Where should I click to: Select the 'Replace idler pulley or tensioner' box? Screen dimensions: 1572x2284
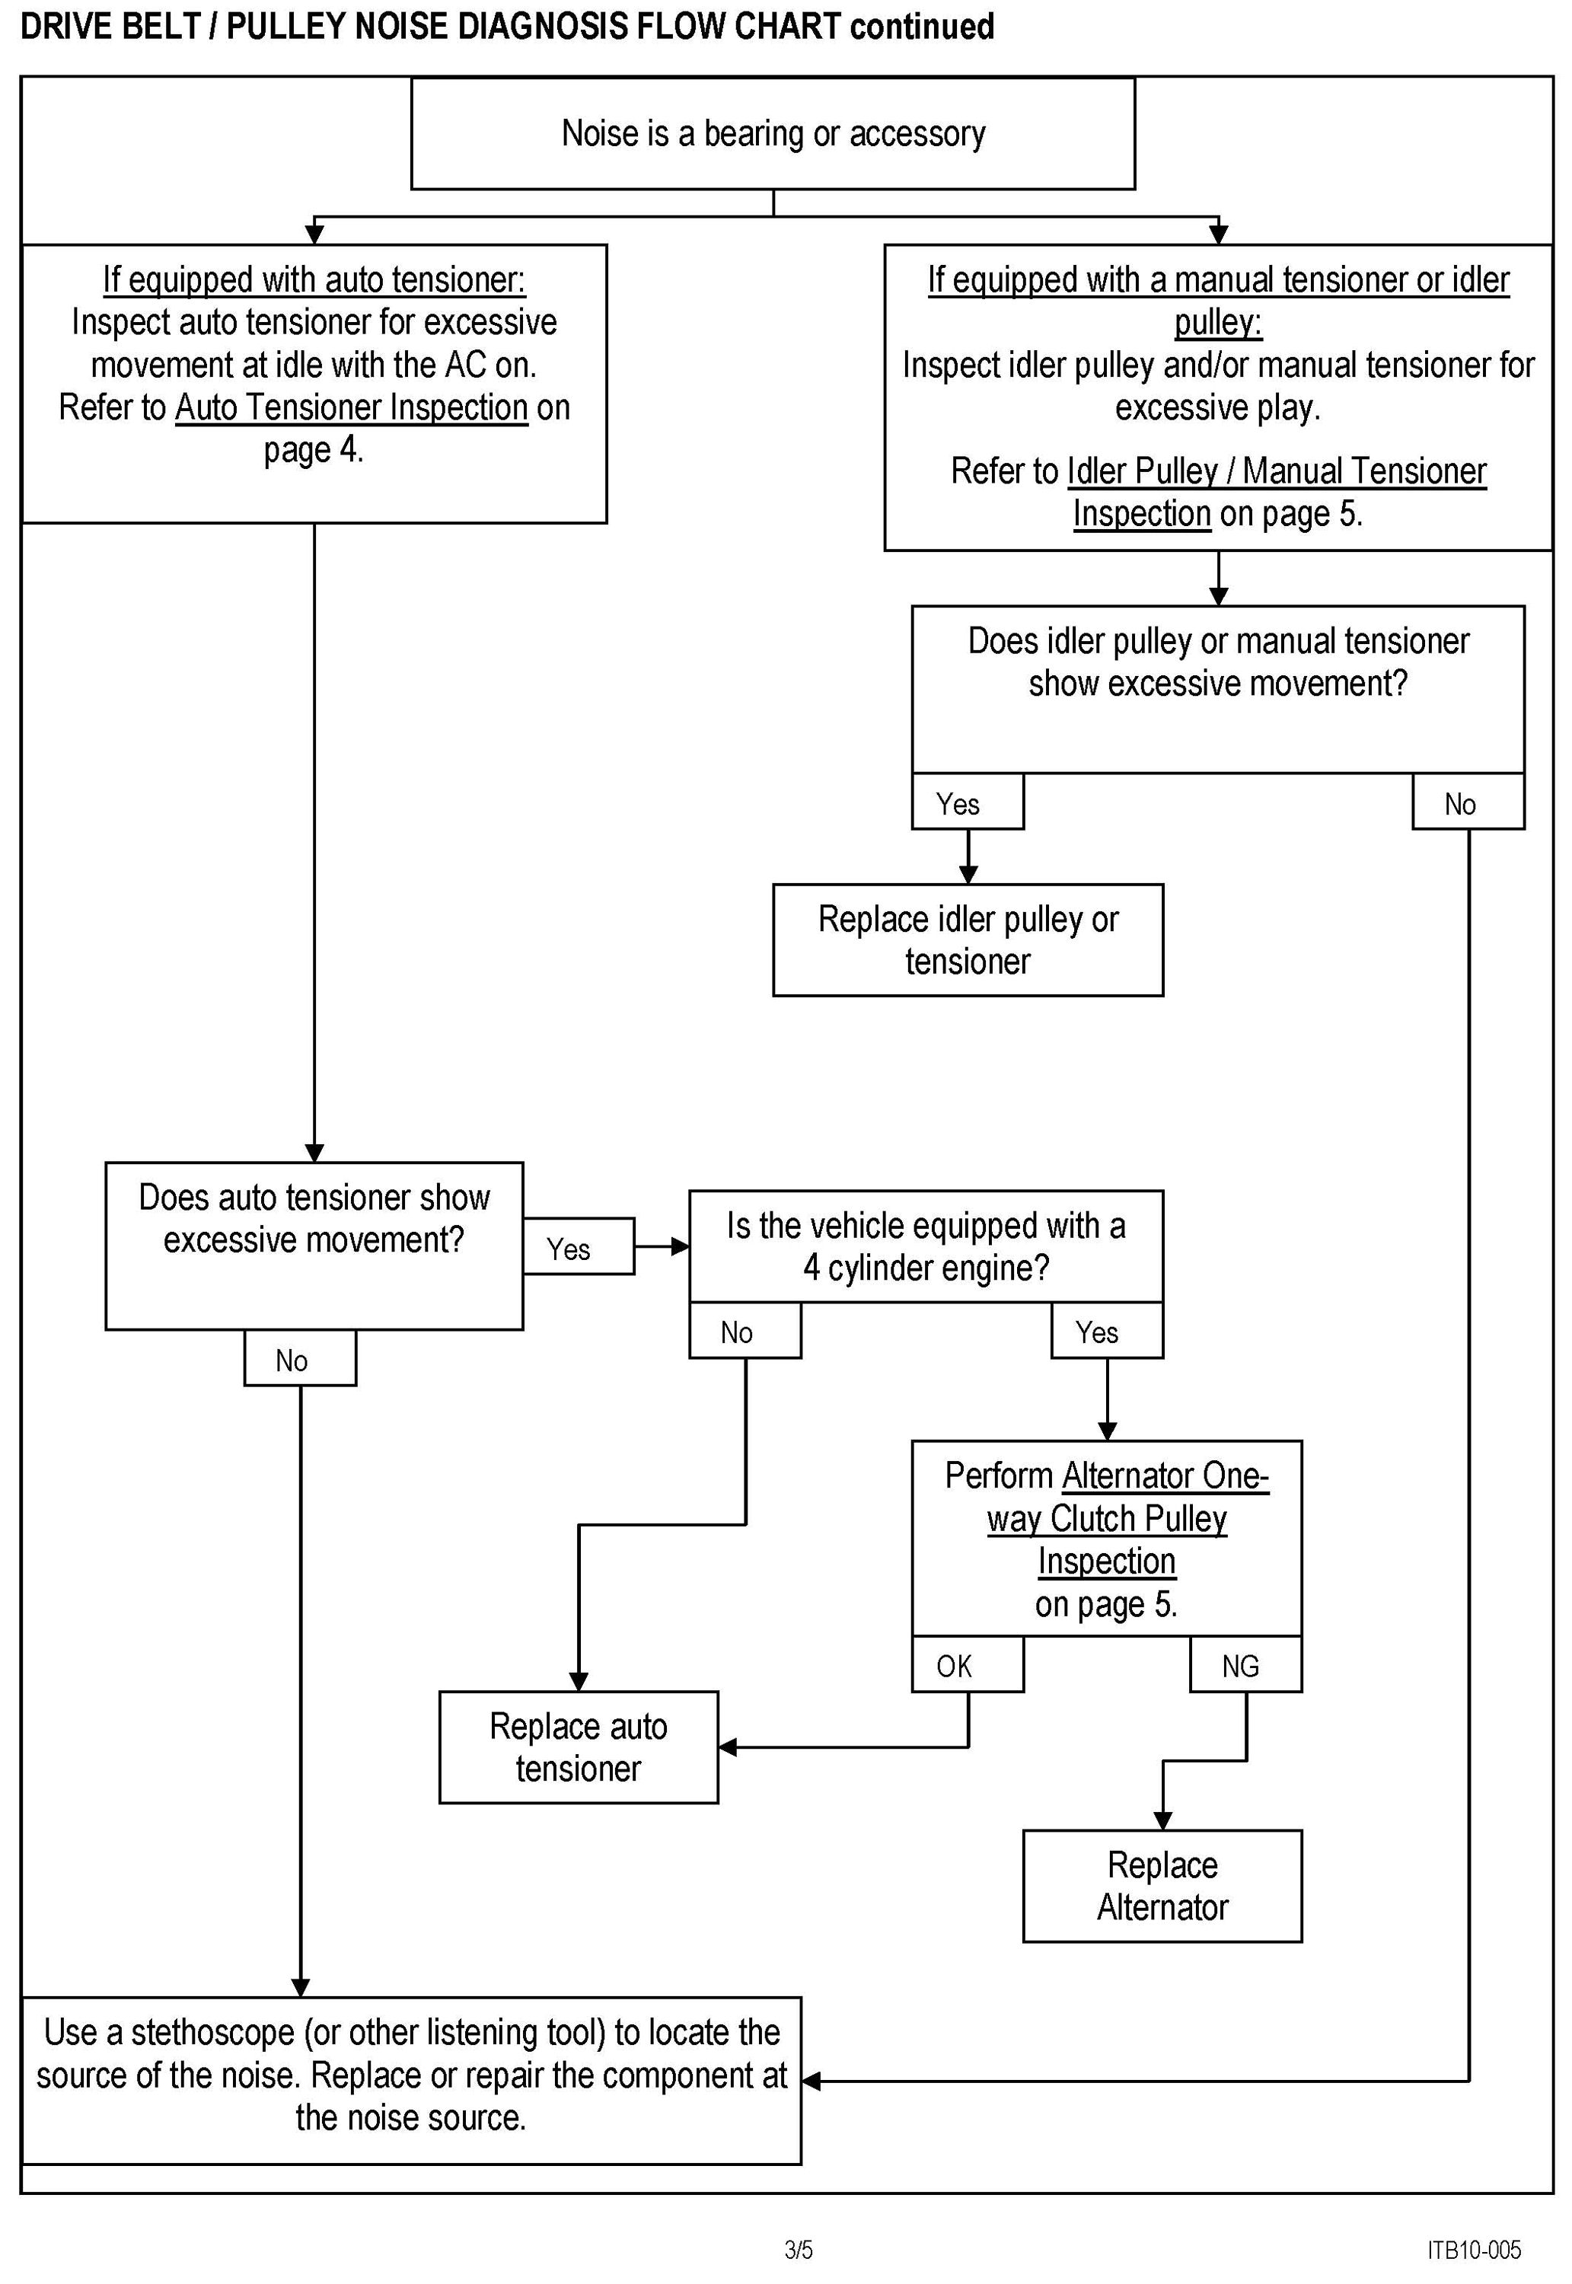[x=968, y=939]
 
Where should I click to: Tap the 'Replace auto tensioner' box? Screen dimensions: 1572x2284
[x=578, y=1746]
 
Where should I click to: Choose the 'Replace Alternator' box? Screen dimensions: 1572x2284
[x=1162, y=1886]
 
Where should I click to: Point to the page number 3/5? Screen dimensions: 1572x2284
[x=799, y=2248]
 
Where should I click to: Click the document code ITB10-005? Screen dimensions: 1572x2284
[x=1474, y=2248]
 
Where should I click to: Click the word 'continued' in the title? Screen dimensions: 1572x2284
[x=922, y=26]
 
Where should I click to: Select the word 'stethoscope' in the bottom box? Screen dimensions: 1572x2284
[x=212, y=2032]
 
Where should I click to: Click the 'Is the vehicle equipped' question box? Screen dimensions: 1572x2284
[x=926, y=1246]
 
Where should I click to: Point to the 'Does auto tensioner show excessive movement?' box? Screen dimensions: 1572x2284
[x=314, y=1246]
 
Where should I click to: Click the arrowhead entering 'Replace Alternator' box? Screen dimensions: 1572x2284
[x=1162, y=1821]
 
